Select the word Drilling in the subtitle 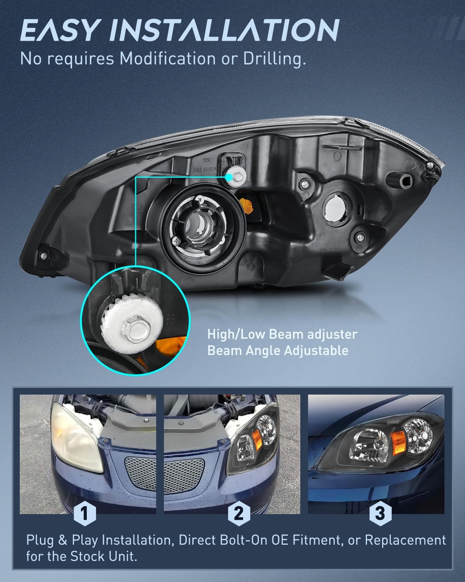(x=275, y=59)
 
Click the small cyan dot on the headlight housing (x=229, y=177)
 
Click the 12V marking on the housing (x=207, y=160)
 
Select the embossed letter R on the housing (x=136, y=210)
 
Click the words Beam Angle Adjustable (x=278, y=351)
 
